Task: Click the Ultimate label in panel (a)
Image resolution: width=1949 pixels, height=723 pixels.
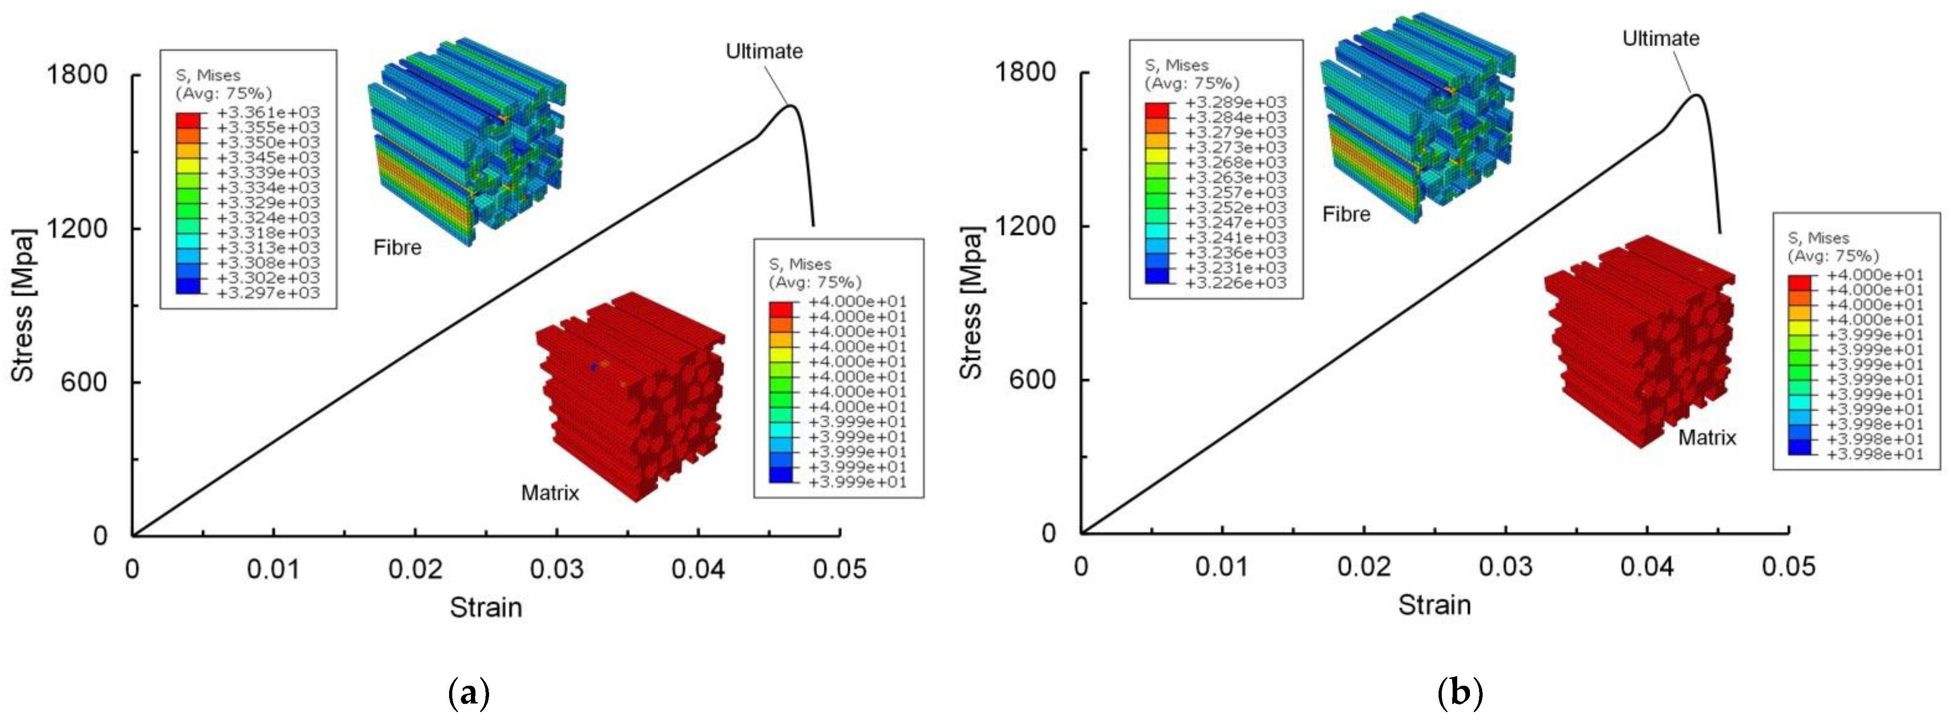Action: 764,51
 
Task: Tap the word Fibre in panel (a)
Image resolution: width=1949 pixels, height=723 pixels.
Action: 397,248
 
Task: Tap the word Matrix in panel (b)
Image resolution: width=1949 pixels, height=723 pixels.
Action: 1707,438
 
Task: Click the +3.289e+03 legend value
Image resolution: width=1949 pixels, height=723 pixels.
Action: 1235,102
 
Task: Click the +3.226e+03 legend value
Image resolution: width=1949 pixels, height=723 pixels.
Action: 1235,283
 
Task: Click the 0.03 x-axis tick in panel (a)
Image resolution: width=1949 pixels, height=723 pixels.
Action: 556,569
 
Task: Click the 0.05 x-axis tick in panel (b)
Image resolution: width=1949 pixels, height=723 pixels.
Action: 1788,566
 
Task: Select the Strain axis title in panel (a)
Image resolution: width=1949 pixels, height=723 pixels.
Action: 486,607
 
